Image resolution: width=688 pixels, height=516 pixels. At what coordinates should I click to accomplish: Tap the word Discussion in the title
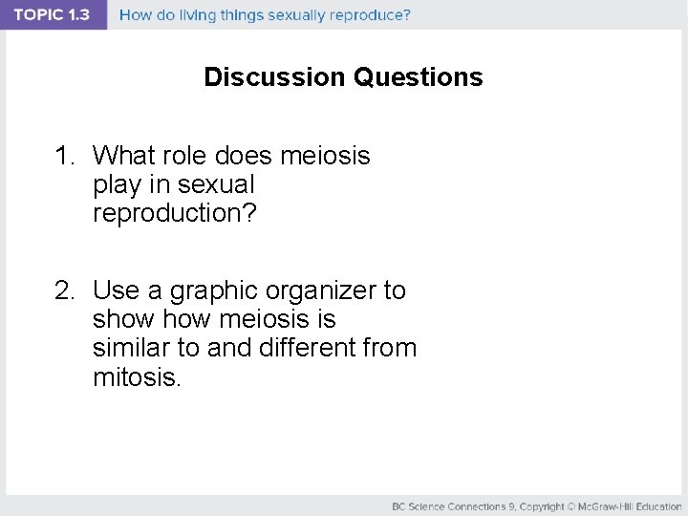pos(275,77)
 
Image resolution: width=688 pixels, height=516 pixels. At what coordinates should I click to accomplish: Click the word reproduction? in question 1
pos(175,213)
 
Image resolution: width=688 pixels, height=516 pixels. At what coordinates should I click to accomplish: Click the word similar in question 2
pos(130,348)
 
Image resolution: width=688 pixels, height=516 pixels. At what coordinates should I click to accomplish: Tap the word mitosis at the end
pos(136,376)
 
